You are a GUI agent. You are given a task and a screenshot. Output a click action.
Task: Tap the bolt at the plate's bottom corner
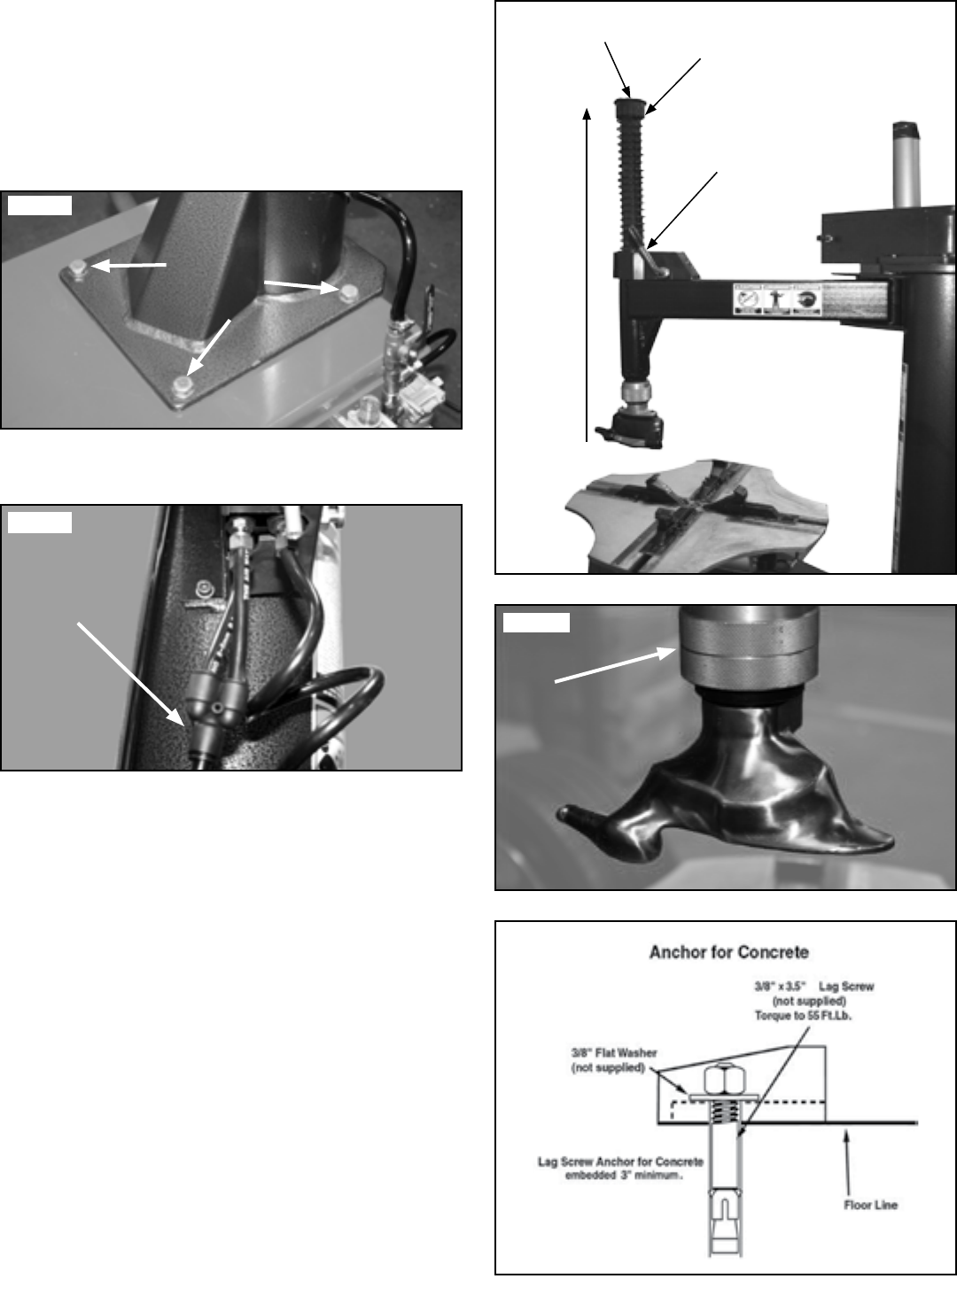(183, 385)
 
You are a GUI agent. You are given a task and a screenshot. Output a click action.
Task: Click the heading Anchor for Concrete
(728, 952)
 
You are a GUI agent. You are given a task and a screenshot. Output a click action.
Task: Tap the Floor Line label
(870, 1205)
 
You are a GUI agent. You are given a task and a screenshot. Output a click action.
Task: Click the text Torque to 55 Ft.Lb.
(803, 1015)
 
